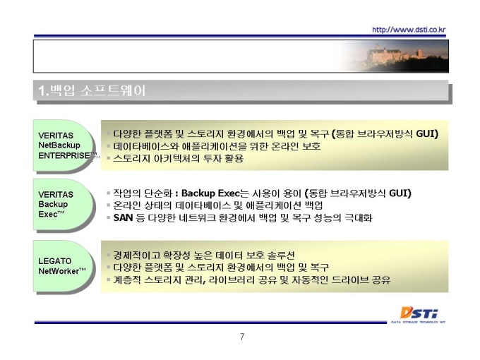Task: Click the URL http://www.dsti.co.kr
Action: tap(409, 30)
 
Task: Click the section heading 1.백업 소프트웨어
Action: tap(92, 90)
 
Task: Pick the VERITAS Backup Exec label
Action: tap(56, 204)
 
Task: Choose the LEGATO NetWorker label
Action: tap(62, 266)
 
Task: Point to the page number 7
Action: tap(242, 337)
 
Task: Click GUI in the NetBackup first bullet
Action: tap(427, 134)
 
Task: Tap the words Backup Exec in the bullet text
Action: tap(210, 193)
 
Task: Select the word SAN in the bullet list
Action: tap(123, 217)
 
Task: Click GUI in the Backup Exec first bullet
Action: tap(400, 193)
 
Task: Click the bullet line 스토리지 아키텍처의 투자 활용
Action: tap(178, 158)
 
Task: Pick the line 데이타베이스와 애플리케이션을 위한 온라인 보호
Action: tap(217, 146)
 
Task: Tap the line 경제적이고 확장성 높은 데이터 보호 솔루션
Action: tap(204, 255)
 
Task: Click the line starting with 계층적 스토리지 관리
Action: tap(251, 280)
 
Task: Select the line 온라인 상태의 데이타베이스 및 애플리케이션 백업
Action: tap(217, 205)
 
